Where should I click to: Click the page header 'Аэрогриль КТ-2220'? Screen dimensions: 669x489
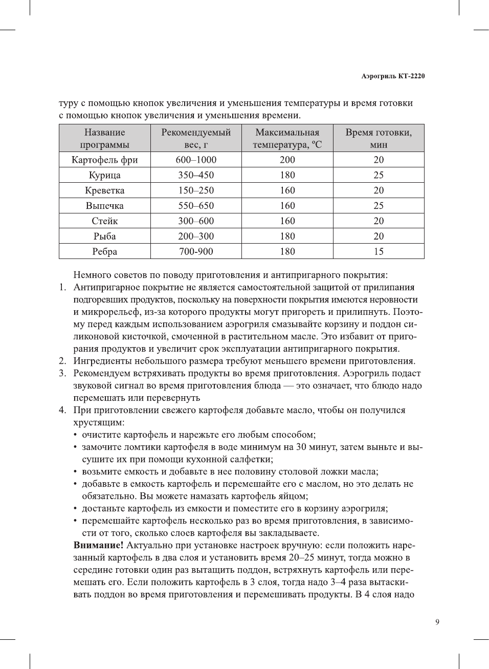tap(393, 76)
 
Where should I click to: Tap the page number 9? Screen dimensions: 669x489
tap(437, 622)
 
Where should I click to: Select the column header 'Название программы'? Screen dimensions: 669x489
tap(105, 138)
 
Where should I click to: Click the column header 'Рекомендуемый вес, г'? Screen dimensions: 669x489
tap(196, 138)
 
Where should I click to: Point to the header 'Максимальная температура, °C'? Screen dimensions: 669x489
tap(287, 138)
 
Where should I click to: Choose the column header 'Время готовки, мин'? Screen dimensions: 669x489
tap(379, 138)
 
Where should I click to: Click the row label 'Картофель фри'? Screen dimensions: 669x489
tap(105, 160)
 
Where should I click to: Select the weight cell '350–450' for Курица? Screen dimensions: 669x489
tap(196, 175)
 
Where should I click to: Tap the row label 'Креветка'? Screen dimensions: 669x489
tap(105, 190)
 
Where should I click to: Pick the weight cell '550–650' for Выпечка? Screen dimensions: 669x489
tap(196, 206)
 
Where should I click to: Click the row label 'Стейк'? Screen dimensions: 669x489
tap(105, 221)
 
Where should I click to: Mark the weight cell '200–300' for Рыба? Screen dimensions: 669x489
tap(196, 236)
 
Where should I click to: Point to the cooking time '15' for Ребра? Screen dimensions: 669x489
tap(379, 252)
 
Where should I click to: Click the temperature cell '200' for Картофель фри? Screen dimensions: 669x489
tap(287, 160)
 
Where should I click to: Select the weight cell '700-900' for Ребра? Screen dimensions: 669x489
tap(196, 252)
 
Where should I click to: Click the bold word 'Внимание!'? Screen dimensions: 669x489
tap(98, 546)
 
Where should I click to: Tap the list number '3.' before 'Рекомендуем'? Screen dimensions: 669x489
tap(62, 374)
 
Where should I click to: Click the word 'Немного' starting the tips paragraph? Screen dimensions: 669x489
tap(91, 275)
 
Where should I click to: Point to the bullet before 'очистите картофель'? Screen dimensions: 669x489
tap(76, 435)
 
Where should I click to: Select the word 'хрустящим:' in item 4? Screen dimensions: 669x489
tap(99, 423)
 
